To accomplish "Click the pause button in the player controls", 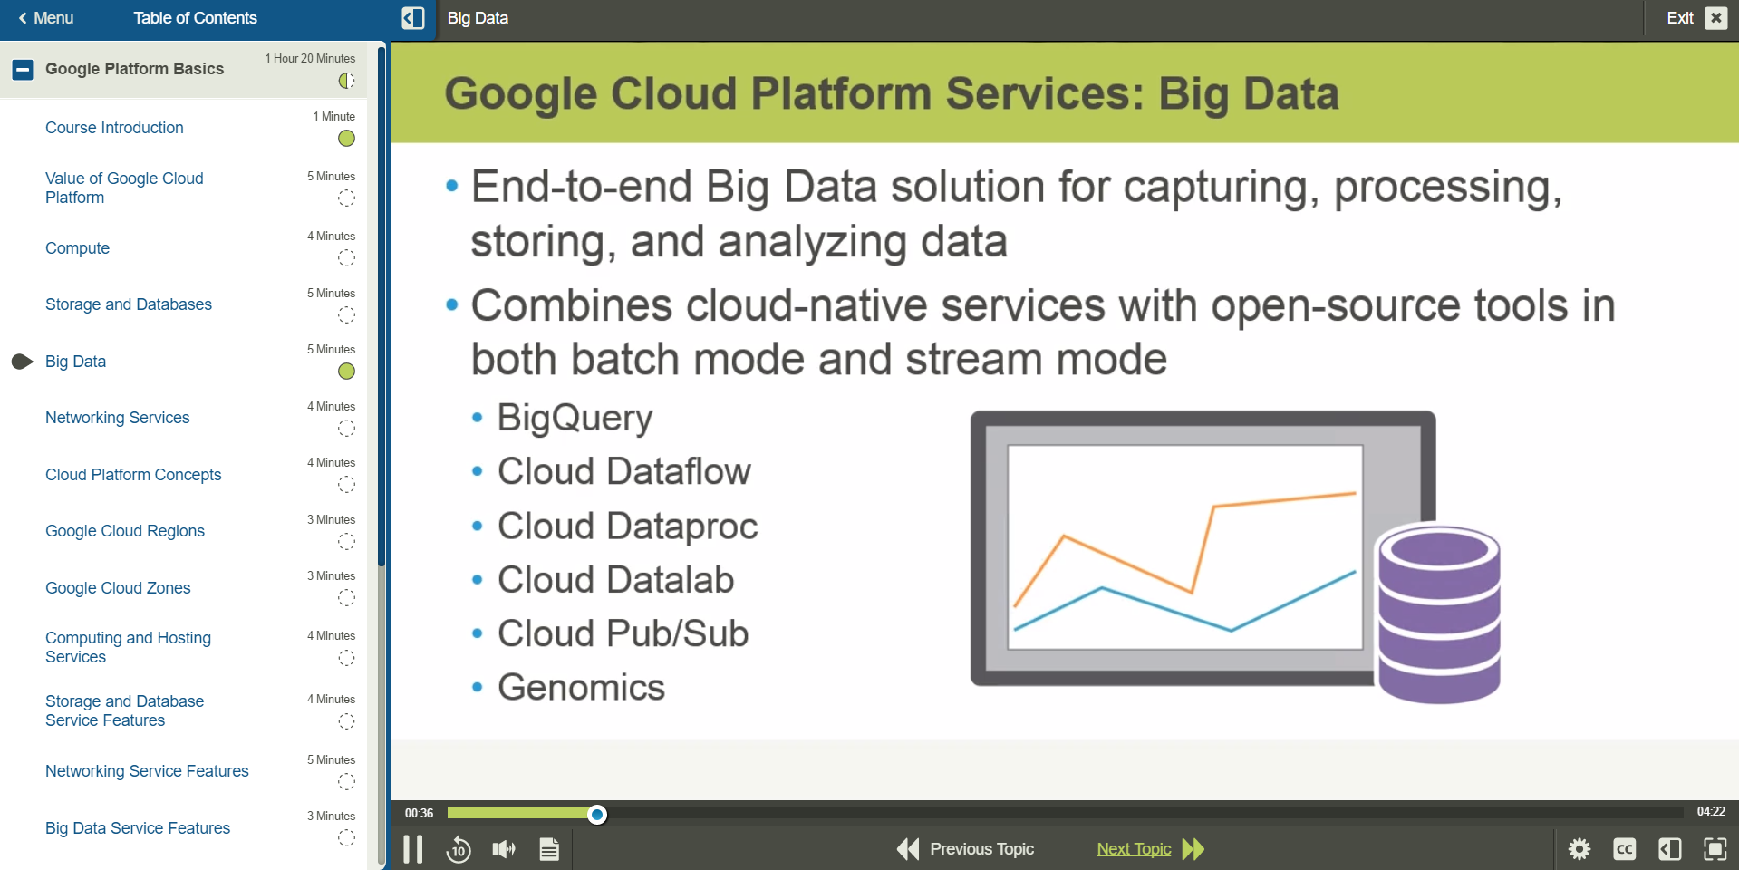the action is [413, 849].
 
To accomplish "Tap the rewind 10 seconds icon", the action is [459, 849].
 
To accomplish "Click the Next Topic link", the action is [1134, 849].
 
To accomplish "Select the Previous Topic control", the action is [966, 849].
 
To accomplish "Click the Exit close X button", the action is [1715, 18].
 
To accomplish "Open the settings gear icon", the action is [1580, 849].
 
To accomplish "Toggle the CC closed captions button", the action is [1625, 849].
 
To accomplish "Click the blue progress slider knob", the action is [597, 814].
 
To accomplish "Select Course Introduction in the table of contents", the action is [114, 128].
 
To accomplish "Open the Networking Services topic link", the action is [118, 418].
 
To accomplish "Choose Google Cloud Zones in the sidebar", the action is [118, 588].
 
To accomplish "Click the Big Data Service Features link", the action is [138, 828].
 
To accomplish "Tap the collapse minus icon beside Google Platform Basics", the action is [23, 69].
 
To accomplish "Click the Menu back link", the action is [45, 18].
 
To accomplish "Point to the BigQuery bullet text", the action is [575, 418].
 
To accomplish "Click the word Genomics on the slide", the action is [581, 688].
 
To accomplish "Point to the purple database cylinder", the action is [1439, 614].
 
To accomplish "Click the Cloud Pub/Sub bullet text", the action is [623, 633].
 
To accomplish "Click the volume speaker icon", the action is [504, 849].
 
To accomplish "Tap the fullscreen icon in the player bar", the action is [1715, 849].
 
